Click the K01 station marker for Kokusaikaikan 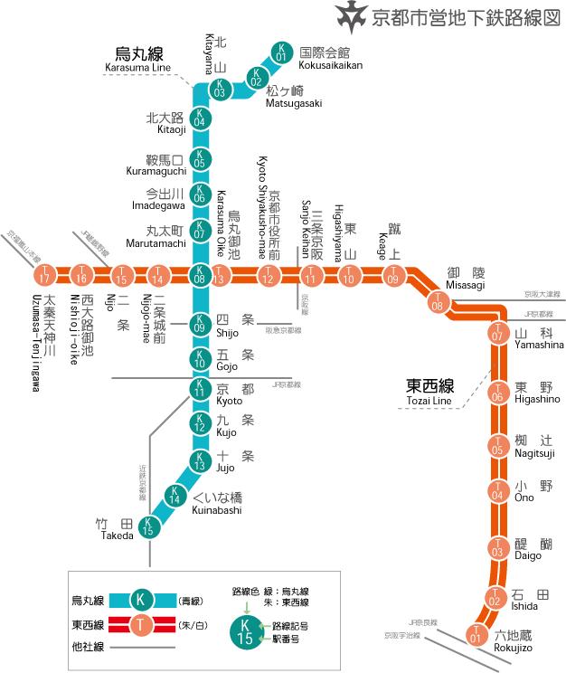click(x=281, y=52)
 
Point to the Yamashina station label click(x=537, y=339)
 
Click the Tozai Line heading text click(x=429, y=390)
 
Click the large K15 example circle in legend click(x=245, y=630)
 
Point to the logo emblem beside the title click(x=350, y=16)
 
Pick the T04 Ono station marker click(x=496, y=491)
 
